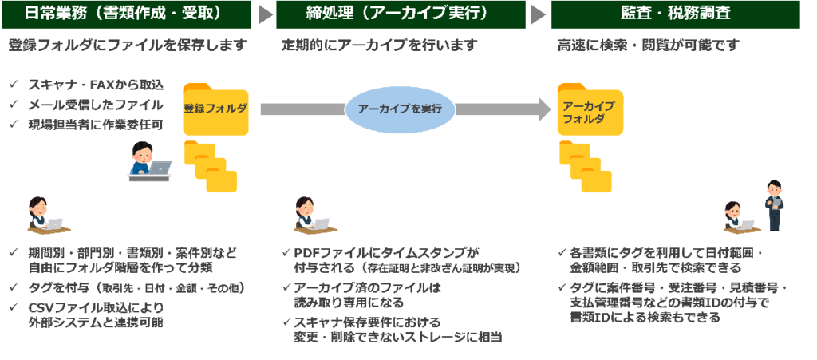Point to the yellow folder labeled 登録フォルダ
tap(215, 109)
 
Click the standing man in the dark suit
tap(775, 204)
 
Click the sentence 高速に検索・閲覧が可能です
tap(648, 45)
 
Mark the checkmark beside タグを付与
tap(14, 287)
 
